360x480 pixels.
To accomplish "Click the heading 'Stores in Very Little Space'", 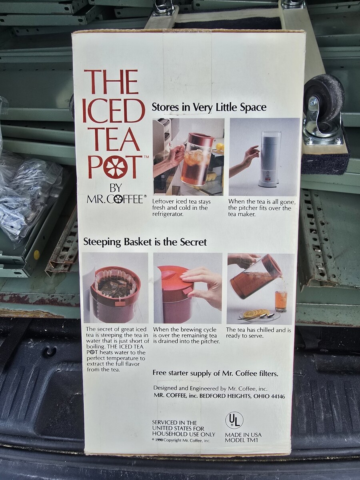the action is tap(209, 108).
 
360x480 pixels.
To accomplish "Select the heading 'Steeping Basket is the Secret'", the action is tap(145, 242).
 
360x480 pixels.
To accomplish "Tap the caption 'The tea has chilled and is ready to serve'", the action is tap(258, 333).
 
